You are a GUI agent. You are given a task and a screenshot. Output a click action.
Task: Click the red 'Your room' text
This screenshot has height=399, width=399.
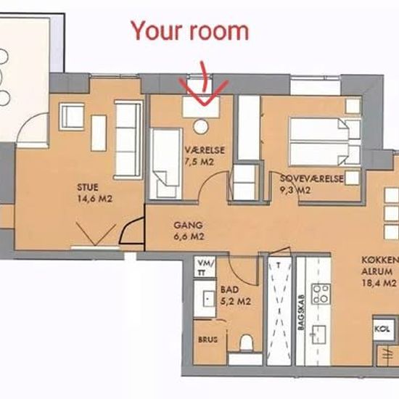coord(190,30)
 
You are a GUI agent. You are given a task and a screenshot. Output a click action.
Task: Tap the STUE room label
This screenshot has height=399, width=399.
coord(88,188)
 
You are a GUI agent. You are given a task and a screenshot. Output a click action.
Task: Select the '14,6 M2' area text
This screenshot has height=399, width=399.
coord(94,199)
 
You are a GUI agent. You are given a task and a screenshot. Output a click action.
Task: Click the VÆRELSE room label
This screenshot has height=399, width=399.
coord(205,150)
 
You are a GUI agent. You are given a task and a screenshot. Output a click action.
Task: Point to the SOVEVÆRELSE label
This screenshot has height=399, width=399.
coord(311,178)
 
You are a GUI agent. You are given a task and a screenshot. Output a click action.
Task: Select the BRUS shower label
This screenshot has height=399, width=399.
coord(208,340)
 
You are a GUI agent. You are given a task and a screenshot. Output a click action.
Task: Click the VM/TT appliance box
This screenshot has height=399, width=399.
coord(205,267)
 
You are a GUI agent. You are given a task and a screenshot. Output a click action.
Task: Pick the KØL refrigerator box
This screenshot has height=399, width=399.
coord(382,329)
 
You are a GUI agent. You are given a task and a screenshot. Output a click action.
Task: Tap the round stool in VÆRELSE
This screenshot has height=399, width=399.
coord(201,126)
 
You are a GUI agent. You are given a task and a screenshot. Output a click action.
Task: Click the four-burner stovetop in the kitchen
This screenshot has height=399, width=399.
coord(321,294)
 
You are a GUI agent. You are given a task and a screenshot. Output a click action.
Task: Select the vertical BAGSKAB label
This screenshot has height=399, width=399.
coord(301,312)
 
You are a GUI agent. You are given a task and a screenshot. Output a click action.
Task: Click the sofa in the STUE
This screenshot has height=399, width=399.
coord(128,140)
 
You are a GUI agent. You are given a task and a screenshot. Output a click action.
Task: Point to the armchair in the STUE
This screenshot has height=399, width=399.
coord(72,117)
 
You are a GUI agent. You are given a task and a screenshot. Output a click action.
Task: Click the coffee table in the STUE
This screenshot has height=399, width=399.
coord(99,133)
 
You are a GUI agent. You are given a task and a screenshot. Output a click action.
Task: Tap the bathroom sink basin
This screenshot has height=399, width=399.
coord(209,298)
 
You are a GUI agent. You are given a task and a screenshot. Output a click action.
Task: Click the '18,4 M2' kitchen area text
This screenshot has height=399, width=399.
coord(379,283)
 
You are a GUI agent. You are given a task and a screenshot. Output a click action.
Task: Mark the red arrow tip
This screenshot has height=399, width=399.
coord(205,105)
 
